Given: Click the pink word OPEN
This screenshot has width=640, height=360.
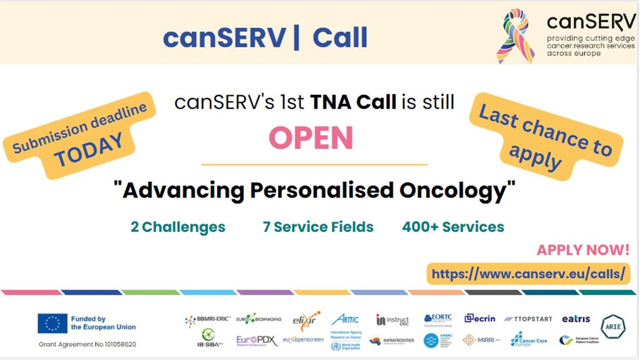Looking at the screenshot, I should [311, 138].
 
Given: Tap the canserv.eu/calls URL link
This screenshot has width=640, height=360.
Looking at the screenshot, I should [528, 274].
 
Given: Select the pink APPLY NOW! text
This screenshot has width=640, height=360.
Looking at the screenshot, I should [583, 250].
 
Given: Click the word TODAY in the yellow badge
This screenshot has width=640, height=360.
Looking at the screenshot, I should [90, 149].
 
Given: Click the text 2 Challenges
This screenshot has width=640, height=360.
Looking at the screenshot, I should [178, 227].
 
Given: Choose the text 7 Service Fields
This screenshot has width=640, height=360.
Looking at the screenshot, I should [318, 227].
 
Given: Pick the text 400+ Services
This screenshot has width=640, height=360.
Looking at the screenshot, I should [453, 227].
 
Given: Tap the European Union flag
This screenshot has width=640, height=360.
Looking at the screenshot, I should [52, 323].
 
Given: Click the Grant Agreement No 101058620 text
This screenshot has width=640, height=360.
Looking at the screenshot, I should [87, 345].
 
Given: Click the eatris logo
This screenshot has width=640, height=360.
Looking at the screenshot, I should [576, 319].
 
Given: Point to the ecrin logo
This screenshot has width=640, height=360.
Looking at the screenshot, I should [479, 318].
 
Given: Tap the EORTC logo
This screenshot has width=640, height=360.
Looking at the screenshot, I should [438, 318].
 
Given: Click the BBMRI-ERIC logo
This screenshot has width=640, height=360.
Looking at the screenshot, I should [207, 319].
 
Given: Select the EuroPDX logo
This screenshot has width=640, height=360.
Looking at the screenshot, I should [257, 340].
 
